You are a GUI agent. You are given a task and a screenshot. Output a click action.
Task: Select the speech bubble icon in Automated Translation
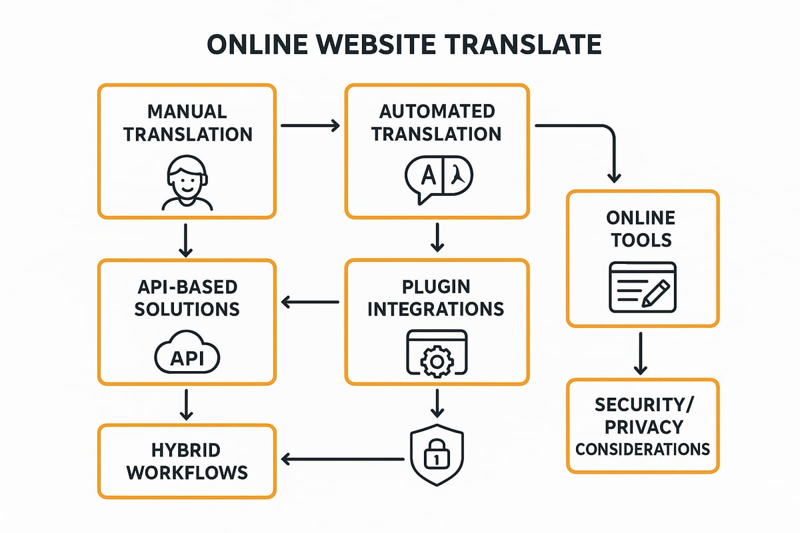438,177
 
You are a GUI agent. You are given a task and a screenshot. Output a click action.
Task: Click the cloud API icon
187,358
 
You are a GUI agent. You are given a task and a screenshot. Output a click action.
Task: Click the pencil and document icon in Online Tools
643,287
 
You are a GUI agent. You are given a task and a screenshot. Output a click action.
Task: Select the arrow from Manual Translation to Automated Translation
311,125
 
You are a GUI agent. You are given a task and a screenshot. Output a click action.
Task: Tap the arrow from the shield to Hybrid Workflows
343,458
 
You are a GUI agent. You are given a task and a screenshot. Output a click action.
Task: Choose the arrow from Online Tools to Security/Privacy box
641,352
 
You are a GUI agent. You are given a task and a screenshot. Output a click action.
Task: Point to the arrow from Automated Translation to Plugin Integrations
437,237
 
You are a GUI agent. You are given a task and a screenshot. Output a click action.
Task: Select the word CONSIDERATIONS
643,449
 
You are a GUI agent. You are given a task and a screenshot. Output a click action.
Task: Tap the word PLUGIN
437,286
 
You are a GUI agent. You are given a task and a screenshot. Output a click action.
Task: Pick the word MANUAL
187,111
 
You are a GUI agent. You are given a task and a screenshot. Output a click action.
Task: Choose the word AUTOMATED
437,111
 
